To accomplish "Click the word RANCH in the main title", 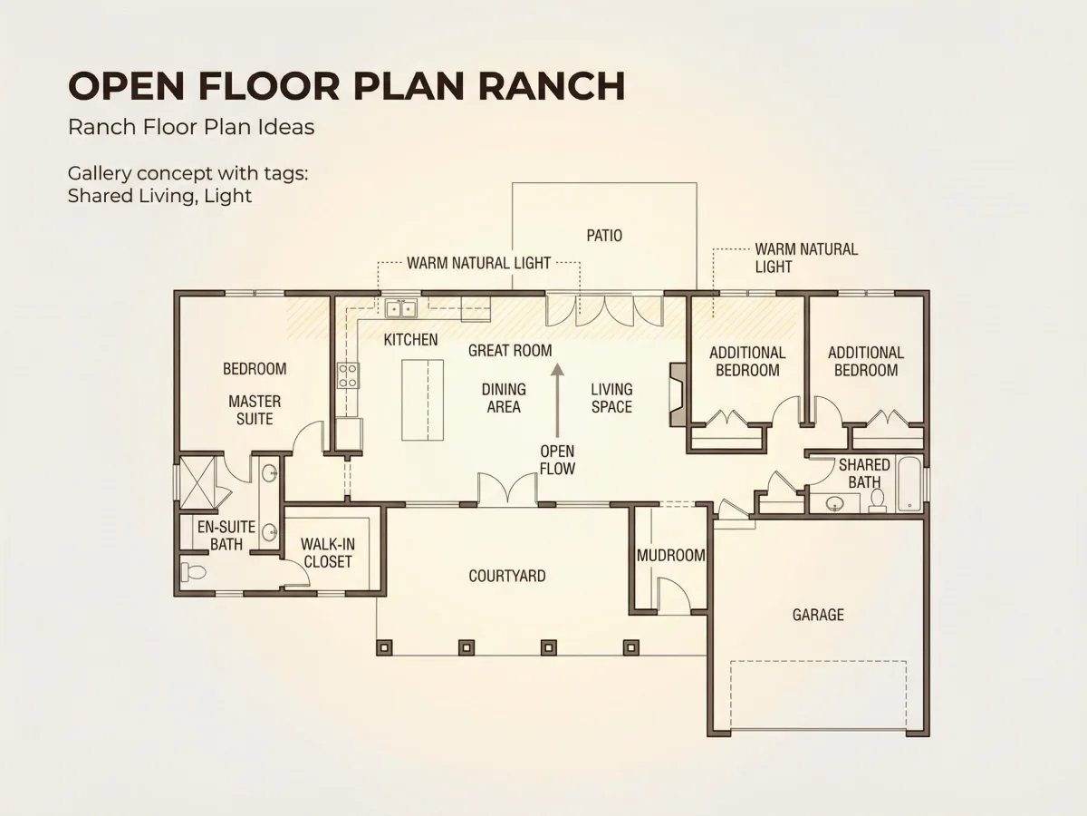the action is click(551, 86).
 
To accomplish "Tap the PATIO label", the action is click(604, 236).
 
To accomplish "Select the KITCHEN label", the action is click(410, 340).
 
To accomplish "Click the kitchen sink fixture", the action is click(400, 308).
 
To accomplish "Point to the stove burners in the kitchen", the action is click(348, 375).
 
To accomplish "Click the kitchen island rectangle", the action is click(422, 400).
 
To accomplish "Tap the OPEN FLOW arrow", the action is click(557, 401).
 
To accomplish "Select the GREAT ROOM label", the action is click(510, 351).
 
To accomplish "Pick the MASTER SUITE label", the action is click(255, 410).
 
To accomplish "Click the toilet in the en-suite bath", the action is click(193, 572).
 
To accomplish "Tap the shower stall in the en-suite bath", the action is click(197, 483).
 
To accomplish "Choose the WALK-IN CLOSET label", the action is click(327, 553).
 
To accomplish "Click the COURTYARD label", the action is click(507, 576).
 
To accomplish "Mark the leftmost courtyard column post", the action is click(384, 647).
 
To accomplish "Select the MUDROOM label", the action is click(671, 556).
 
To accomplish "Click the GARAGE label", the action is click(818, 615).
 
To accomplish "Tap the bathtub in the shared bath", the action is click(909, 483).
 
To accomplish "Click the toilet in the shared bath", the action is click(878, 500).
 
